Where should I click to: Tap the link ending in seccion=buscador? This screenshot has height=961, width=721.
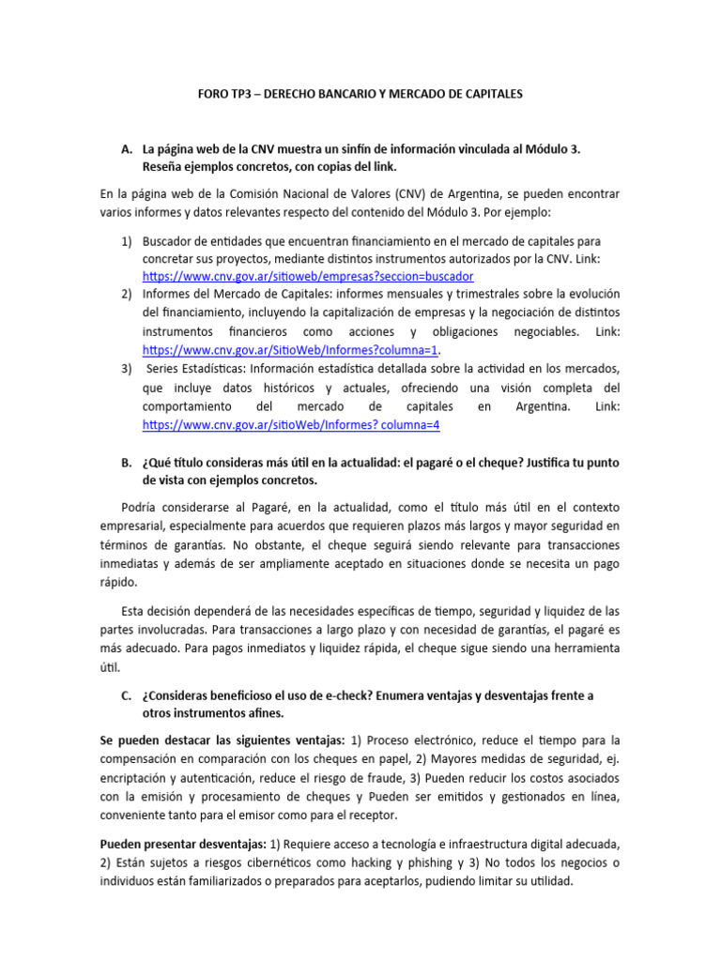308,277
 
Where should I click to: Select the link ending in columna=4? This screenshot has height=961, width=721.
290,424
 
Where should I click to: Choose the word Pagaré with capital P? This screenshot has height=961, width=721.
247,508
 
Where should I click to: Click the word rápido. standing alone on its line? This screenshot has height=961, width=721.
119,581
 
